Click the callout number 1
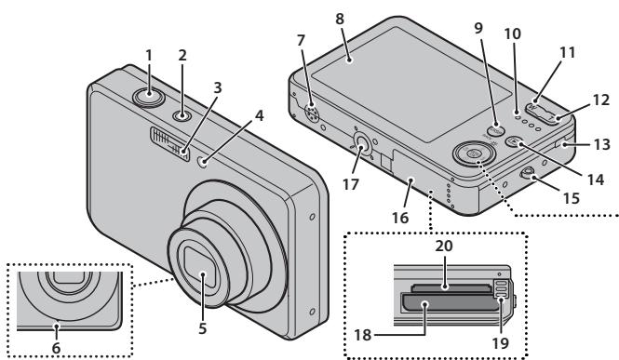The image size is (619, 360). [149, 56]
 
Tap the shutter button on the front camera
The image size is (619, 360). [148, 97]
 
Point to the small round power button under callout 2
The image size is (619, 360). [182, 115]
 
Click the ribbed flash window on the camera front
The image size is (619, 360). [169, 143]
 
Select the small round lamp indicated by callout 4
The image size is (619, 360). [203, 161]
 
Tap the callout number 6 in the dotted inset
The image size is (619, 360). [56, 348]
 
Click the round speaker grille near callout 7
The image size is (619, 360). [312, 113]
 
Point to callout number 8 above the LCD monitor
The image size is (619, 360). [340, 19]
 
